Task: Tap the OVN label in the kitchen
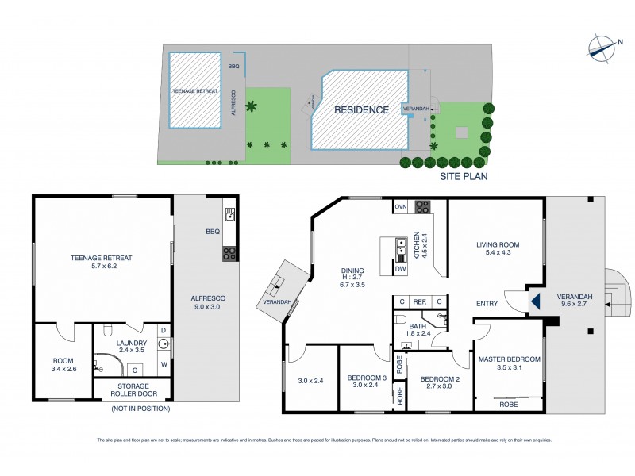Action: (x=401, y=208)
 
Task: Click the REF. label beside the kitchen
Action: (x=419, y=301)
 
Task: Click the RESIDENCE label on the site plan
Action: (x=361, y=110)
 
